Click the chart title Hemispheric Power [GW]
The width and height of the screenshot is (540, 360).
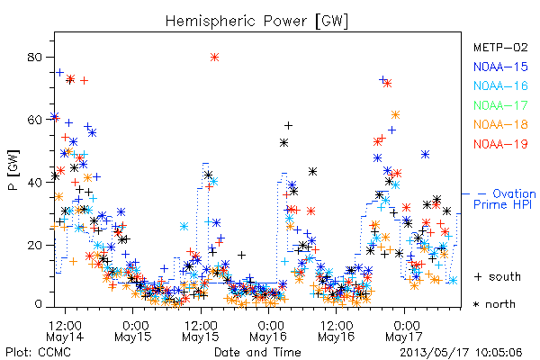(x=256, y=22)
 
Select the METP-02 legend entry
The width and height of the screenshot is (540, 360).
(x=500, y=47)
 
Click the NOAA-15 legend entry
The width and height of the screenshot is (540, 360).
(x=500, y=67)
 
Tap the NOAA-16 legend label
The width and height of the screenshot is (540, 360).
(x=500, y=85)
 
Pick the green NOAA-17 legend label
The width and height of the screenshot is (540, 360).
(x=500, y=105)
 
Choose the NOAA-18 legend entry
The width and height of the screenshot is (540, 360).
(x=500, y=124)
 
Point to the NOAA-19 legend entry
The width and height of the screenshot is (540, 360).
(x=500, y=144)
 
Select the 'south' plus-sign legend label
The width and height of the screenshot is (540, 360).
(x=498, y=276)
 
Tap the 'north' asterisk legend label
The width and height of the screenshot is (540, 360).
(x=494, y=304)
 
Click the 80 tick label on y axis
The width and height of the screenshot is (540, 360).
(x=35, y=57)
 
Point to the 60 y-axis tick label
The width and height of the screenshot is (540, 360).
(x=35, y=120)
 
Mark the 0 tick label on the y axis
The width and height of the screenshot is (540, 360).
(x=39, y=304)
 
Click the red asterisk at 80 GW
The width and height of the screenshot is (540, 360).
(x=214, y=58)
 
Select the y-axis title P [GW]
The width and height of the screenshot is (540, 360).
(x=14, y=170)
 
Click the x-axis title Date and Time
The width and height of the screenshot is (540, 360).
(x=257, y=353)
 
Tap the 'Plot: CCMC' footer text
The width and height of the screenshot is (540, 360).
(x=39, y=353)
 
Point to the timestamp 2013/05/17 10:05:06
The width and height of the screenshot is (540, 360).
(x=461, y=353)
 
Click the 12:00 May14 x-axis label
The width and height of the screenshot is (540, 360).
(x=65, y=331)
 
